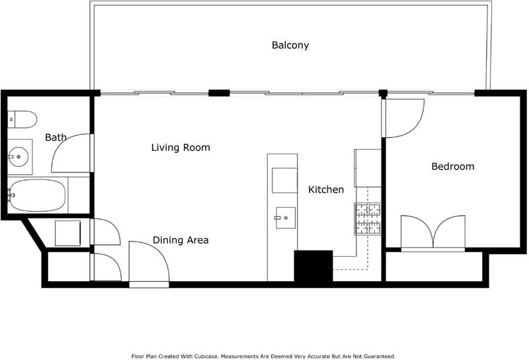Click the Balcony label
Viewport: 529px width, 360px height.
click(x=290, y=45)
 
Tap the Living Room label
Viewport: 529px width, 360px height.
click(x=181, y=148)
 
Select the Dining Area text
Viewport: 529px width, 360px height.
click(x=181, y=240)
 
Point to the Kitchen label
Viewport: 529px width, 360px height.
click(x=326, y=190)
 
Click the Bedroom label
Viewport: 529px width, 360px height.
click(x=453, y=167)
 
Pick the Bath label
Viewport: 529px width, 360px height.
click(x=56, y=138)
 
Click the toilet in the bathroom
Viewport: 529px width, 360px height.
click(x=22, y=120)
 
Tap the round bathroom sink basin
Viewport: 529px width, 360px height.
click(x=19, y=157)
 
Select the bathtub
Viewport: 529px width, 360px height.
click(x=37, y=195)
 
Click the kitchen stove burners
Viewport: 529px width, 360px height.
click(x=368, y=218)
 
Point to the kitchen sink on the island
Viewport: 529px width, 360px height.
click(x=286, y=218)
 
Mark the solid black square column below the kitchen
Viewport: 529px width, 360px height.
click(x=313, y=266)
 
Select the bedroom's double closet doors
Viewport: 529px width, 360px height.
click(x=433, y=232)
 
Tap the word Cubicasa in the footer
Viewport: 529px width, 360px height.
click(x=206, y=356)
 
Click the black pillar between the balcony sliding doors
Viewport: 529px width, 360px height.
click(x=219, y=93)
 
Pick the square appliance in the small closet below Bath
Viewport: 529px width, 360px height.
click(x=68, y=233)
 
